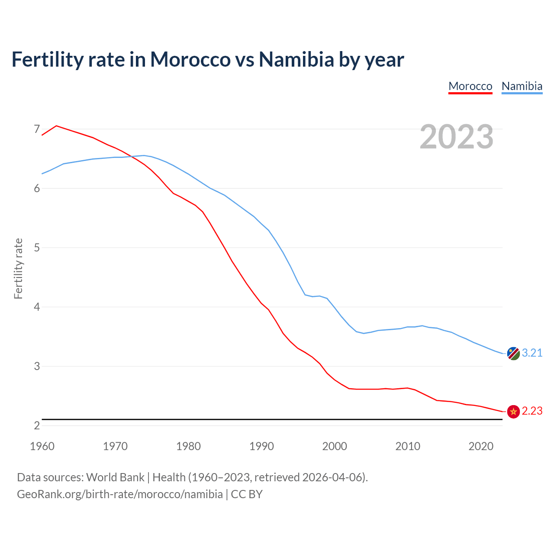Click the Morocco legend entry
470,86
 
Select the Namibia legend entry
522,86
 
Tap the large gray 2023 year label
457,137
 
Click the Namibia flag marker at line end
513,353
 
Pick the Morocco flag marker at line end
513,412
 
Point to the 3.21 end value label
532,353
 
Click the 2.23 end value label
532,411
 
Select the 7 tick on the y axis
37,129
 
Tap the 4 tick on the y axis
37,307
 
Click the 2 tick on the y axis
37,425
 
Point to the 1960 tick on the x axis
42,446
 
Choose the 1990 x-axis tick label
261,446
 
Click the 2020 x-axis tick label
481,446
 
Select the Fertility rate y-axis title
18,268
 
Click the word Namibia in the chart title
296,60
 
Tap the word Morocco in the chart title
190,60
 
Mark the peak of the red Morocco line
56,126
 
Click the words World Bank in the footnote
115,477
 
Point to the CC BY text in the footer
247,494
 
